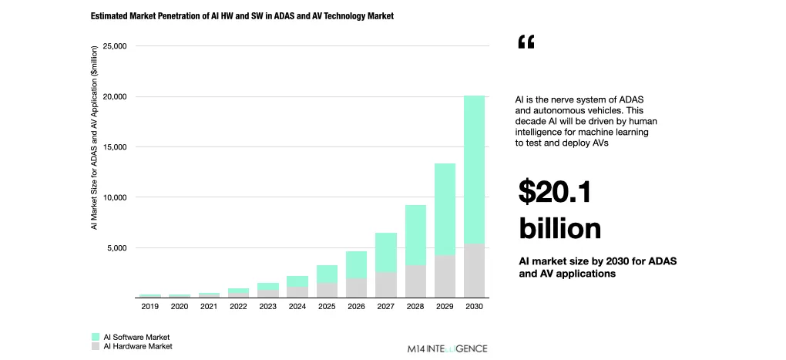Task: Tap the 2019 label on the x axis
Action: coord(150,307)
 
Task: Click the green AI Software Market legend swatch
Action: coord(96,337)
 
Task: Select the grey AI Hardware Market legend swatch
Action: coord(96,346)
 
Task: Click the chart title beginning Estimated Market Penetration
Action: coord(243,16)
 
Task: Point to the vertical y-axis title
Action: coord(94,137)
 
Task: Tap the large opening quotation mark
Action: coord(526,43)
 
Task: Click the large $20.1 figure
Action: coord(555,192)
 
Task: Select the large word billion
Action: coord(559,228)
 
